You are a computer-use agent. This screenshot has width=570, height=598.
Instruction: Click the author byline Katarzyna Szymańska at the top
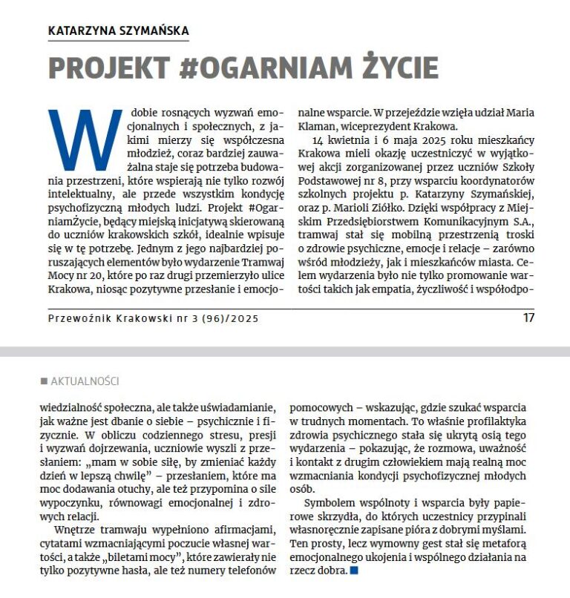pyautogui.click(x=118, y=30)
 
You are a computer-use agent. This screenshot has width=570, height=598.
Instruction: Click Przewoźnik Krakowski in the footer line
pyautogui.click(x=110, y=318)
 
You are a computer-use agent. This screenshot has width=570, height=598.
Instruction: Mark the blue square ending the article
pyautogui.click(x=353, y=571)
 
